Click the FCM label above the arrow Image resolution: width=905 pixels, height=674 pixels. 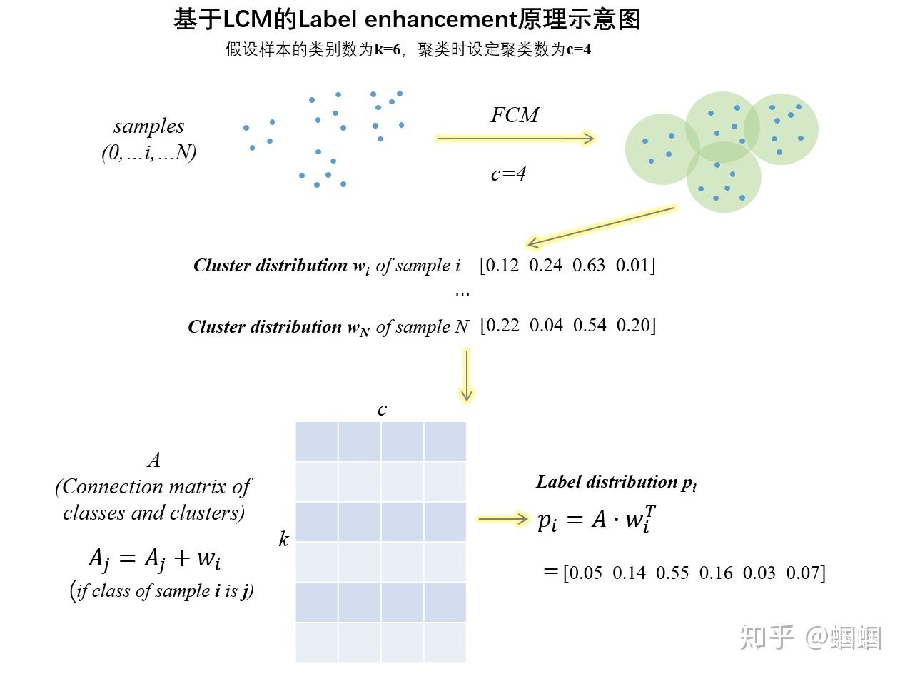click(514, 115)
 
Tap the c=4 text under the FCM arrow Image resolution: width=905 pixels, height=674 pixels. click(508, 174)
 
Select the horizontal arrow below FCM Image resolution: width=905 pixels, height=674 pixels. click(515, 139)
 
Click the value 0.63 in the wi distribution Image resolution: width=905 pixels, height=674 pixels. click(588, 266)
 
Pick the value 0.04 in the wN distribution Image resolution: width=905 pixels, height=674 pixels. click(546, 326)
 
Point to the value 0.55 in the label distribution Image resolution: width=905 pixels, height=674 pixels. click(672, 573)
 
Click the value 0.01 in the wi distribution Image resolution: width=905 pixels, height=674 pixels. click(632, 266)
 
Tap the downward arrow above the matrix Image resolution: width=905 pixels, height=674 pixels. click(467, 375)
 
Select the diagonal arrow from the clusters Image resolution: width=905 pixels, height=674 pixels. click(602, 226)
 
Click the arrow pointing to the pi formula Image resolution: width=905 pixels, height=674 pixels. click(503, 519)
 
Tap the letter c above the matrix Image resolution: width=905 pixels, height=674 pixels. click(382, 409)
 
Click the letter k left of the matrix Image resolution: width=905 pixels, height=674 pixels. click(283, 539)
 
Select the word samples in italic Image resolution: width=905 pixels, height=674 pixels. click(149, 126)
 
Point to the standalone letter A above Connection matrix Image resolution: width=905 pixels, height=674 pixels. click(154, 460)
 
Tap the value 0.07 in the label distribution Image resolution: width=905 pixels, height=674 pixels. click(802, 573)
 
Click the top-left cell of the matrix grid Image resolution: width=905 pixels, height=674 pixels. click(317, 441)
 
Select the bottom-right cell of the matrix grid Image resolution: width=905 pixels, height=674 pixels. click(445, 642)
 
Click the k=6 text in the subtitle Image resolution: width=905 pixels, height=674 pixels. click(388, 49)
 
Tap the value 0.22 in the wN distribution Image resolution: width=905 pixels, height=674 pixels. click(502, 326)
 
